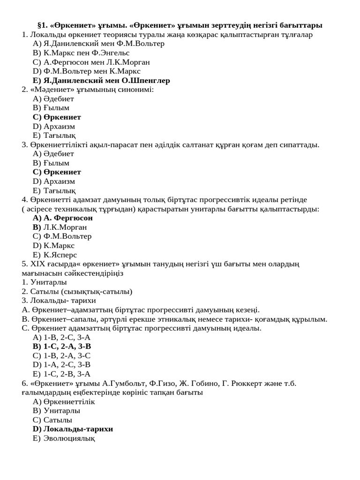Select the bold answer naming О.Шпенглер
101,80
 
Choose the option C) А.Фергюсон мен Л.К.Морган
91,62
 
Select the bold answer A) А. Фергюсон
63,218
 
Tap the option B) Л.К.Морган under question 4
60,227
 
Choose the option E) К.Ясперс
55,255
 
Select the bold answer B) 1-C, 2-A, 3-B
62,346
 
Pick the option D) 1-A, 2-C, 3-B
61,365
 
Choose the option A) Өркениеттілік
64,402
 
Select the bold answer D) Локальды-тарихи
73,429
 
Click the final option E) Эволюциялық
64,438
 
